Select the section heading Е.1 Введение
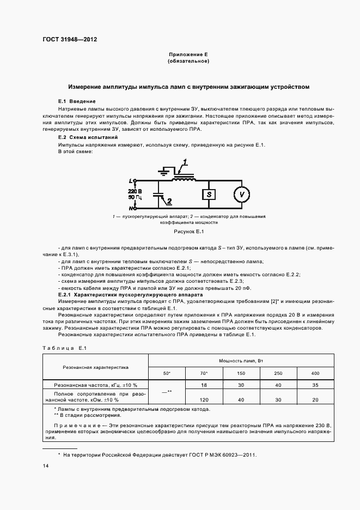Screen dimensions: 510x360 pos(77,101)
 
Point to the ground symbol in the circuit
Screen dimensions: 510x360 pos(163,170)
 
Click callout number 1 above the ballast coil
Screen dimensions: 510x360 pos(185,162)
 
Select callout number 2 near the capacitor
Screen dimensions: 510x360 pos(169,201)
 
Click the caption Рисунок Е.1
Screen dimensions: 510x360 pos(188,232)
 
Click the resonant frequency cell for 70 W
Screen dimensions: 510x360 pos(204,385)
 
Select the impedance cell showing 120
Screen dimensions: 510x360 pos(204,399)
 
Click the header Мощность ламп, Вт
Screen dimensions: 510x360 pos(241,360)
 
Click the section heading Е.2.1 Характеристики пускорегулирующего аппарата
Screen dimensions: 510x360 pos(123,295)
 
